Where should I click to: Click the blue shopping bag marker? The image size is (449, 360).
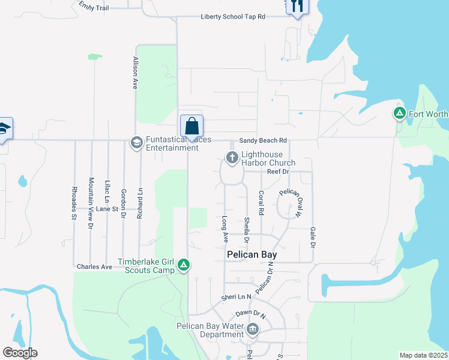[191, 127]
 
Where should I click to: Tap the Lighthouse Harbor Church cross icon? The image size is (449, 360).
[232, 158]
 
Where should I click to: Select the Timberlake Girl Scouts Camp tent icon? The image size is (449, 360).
[184, 265]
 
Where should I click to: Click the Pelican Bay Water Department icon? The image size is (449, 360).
[253, 329]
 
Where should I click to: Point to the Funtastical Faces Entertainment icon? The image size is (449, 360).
[136, 142]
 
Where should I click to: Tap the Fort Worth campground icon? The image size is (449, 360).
[399, 113]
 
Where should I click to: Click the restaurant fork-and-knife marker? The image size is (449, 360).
[297, 6]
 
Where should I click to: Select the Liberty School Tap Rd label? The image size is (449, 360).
[233, 17]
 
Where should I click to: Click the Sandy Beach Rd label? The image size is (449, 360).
[263, 140]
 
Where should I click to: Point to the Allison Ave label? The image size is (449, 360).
[136, 73]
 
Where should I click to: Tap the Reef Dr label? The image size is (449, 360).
[278, 172]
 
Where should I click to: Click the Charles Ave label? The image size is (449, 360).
[94, 266]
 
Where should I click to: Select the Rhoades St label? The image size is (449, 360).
[74, 203]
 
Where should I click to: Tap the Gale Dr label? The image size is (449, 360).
[313, 238]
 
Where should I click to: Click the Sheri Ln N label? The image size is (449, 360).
[236, 297]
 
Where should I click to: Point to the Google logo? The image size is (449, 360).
[20, 353]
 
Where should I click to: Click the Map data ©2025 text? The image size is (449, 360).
[423, 355]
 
